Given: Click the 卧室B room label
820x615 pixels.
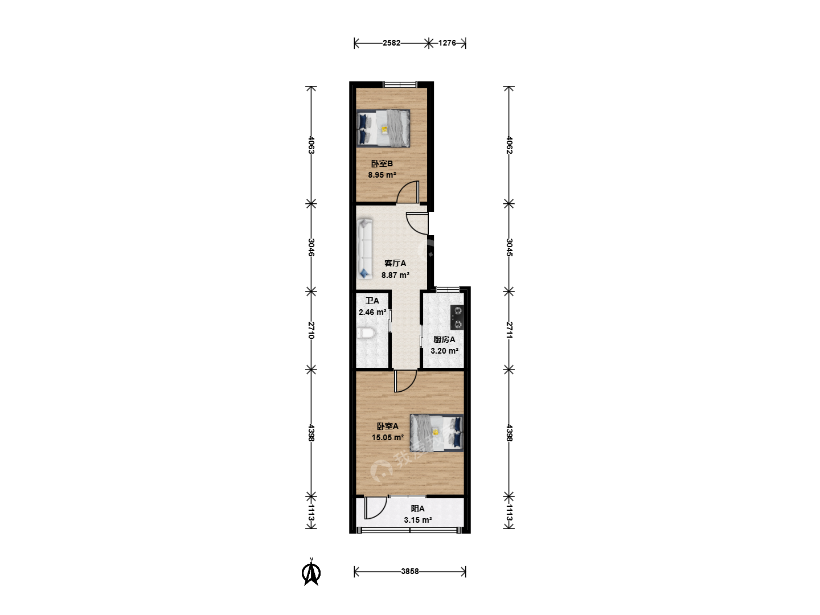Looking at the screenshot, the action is pyautogui.click(x=382, y=163).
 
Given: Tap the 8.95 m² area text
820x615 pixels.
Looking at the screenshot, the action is pyautogui.click(x=382, y=175).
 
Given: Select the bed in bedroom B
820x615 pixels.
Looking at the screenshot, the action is pyautogui.click(x=383, y=128).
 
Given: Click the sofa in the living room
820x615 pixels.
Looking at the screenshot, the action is pyautogui.click(x=365, y=249).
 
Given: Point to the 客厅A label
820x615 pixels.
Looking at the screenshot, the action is pyautogui.click(x=395, y=263).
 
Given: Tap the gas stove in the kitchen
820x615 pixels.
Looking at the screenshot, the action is pyautogui.click(x=457, y=317).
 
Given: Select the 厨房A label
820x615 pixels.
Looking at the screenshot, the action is pyautogui.click(x=444, y=339).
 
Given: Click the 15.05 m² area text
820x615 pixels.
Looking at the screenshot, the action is pyautogui.click(x=388, y=437).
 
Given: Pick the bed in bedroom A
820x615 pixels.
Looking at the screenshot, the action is pyautogui.click(x=437, y=433).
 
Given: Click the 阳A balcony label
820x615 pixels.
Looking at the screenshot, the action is pyautogui.click(x=417, y=509).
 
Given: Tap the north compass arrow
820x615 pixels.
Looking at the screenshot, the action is pyautogui.click(x=311, y=572).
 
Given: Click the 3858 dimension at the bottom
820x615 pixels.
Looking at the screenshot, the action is pyautogui.click(x=410, y=571).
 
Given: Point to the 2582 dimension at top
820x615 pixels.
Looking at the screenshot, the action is pyautogui.click(x=392, y=43).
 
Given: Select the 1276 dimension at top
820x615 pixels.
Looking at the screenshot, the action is pyautogui.click(x=447, y=43).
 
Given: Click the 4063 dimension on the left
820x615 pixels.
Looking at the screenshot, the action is pyautogui.click(x=311, y=145).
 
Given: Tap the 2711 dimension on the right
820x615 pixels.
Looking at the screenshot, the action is pyautogui.click(x=509, y=330).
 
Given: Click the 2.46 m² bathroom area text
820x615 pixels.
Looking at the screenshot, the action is pyautogui.click(x=372, y=312).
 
